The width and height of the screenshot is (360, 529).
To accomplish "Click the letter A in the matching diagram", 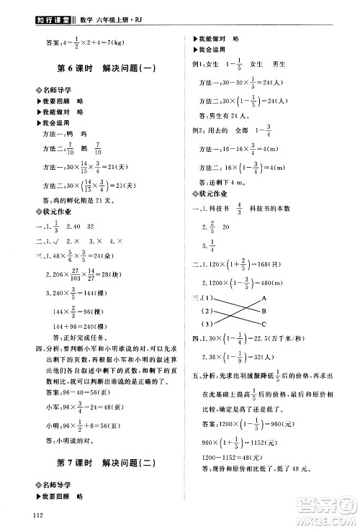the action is [x=264, y=297].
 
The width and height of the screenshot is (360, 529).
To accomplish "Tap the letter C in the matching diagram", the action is [x=264, y=323].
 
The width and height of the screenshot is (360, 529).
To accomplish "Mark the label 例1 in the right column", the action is [x=197, y=65].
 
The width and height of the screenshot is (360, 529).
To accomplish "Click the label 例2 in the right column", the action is [x=197, y=132].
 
